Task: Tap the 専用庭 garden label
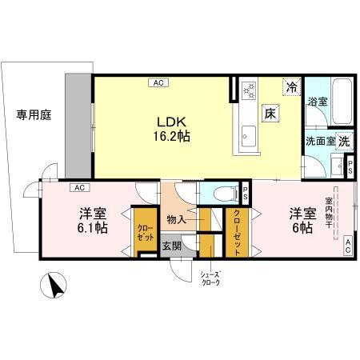point(34,115)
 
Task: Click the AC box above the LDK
point(157,82)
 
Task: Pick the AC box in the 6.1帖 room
point(80,188)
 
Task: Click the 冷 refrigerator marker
point(292,86)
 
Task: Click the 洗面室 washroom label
point(319,141)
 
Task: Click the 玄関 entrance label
point(171,246)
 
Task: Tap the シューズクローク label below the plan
point(210,278)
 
